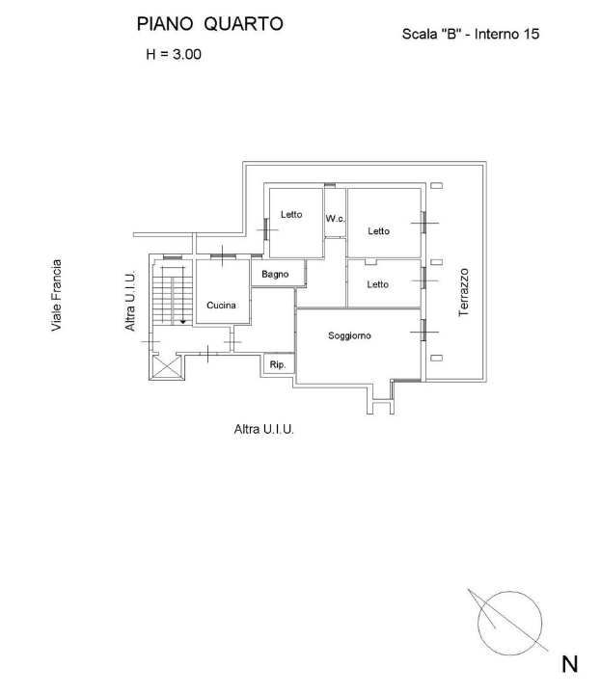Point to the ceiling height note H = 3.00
click(173, 55)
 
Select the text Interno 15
click(505, 34)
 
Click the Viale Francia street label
click(58, 295)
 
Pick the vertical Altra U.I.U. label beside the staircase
click(130, 302)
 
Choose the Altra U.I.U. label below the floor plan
click(264, 428)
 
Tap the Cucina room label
click(221, 305)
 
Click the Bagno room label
click(276, 275)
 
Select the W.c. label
click(335, 220)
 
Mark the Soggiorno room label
click(349, 335)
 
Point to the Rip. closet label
click(277, 365)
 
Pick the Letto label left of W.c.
click(291, 215)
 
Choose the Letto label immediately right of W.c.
click(378, 231)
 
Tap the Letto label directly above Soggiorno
click(377, 284)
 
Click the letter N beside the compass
click(570, 664)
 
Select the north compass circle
click(508, 617)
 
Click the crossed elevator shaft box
click(166, 367)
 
